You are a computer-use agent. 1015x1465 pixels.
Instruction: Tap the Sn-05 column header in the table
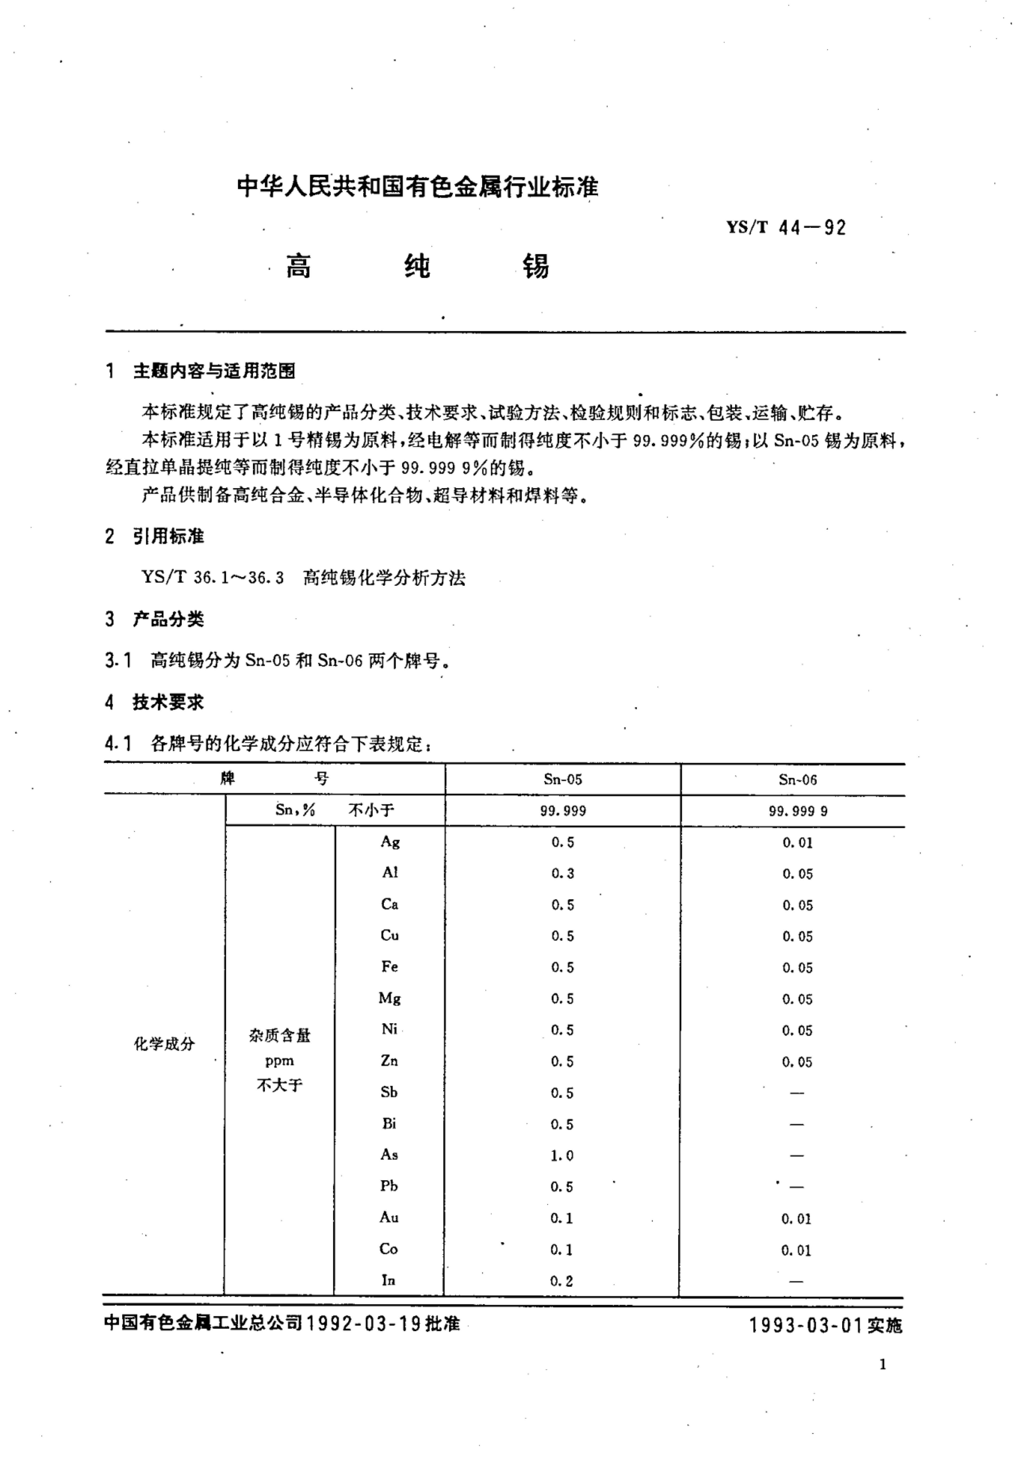pyautogui.click(x=562, y=779)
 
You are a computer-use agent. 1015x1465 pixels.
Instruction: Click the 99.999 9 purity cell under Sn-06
pyautogui.click(x=798, y=811)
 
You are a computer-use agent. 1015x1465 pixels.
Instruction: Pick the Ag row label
pyautogui.click(x=390, y=842)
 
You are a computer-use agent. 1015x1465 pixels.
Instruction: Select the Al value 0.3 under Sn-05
pyautogui.click(x=562, y=873)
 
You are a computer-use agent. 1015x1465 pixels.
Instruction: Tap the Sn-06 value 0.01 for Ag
pyautogui.click(x=798, y=843)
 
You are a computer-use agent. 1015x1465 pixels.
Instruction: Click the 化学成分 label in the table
pyautogui.click(x=164, y=1044)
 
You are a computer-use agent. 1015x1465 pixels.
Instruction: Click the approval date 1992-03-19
pyautogui.click(x=364, y=1324)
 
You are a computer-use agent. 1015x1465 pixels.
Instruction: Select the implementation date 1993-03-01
pyautogui.click(x=805, y=1325)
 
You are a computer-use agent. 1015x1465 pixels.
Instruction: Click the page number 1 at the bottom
pyautogui.click(x=882, y=1364)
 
